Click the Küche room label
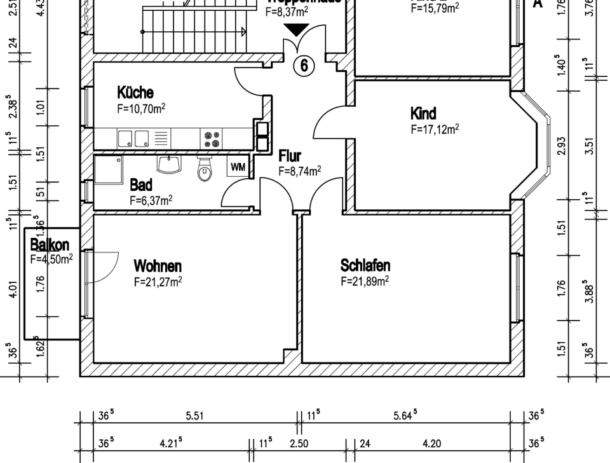tap(135, 93)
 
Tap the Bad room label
tap(141, 185)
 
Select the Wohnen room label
tap(158, 265)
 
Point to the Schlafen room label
tap(365, 265)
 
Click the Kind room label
tap(423, 114)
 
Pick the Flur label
tap(290, 156)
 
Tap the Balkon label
tap(50, 245)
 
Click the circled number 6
tap(304, 66)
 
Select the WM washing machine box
tap(238, 168)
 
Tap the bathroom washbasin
tap(170, 165)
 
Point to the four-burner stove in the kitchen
tap(211, 138)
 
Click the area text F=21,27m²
tap(158, 282)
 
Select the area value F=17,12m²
tap(435, 130)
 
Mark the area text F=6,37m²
tap(151, 200)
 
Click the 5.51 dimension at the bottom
tap(194, 416)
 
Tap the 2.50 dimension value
tap(299, 443)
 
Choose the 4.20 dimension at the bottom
tap(432, 443)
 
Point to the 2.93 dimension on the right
tap(561, 146)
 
